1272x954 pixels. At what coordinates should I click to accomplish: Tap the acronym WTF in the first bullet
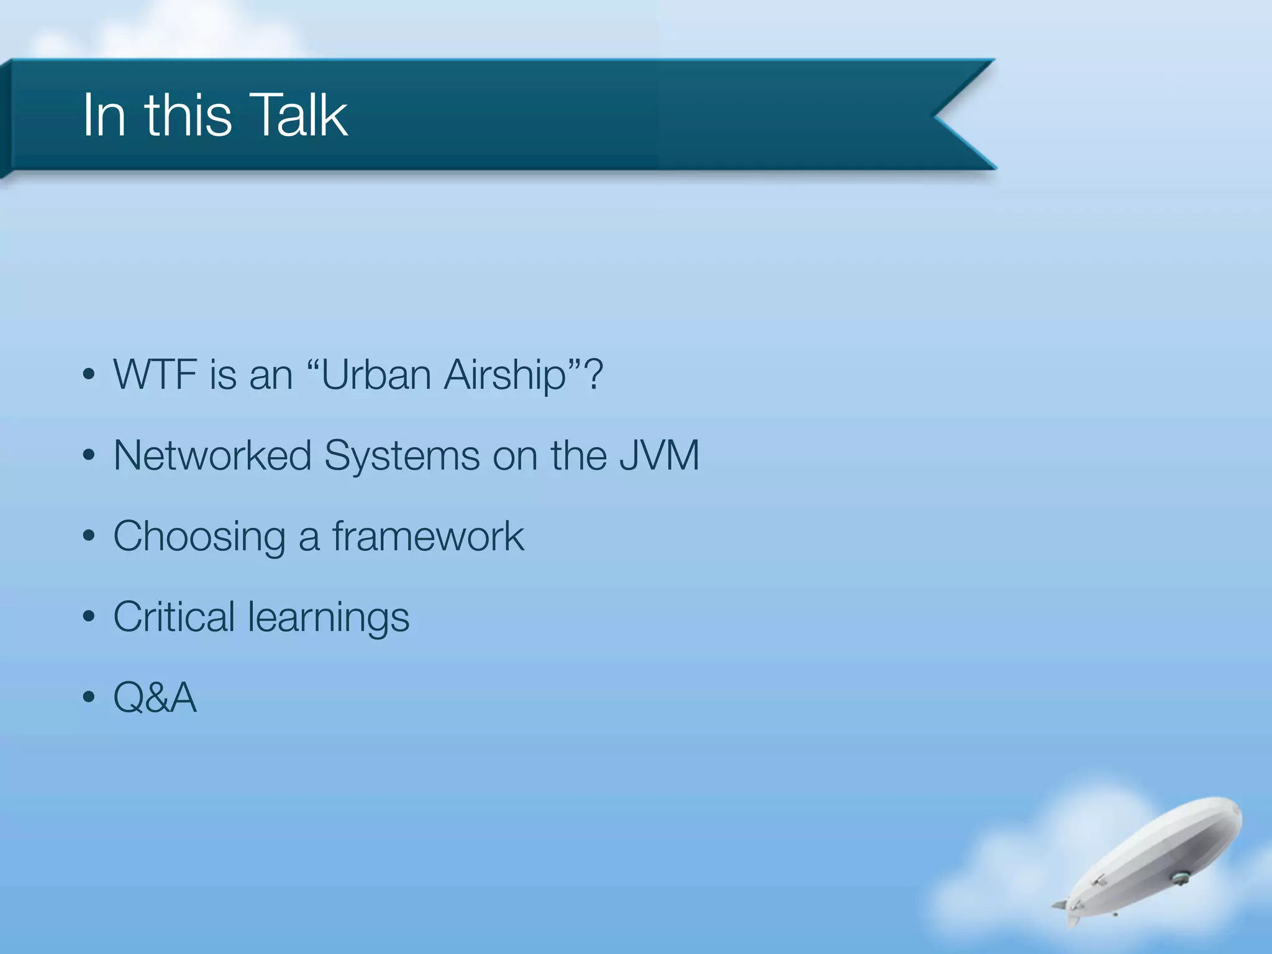(154, 375)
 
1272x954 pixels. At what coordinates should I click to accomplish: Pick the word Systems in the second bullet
(401, 457)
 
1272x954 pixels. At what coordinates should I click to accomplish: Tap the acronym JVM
(659, 455)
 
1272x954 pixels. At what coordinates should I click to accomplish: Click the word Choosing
(199, 537)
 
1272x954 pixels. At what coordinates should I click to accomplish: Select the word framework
(428, 536)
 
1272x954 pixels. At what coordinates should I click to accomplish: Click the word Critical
(174, 617)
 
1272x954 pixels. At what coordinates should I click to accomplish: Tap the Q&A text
(155, 697)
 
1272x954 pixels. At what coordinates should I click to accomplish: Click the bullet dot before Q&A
(89, 697)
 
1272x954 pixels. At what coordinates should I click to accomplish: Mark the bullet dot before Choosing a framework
(89, 536)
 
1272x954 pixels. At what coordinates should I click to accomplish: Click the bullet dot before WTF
(89, 375)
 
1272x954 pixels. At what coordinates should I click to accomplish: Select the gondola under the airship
(1179, 878)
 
